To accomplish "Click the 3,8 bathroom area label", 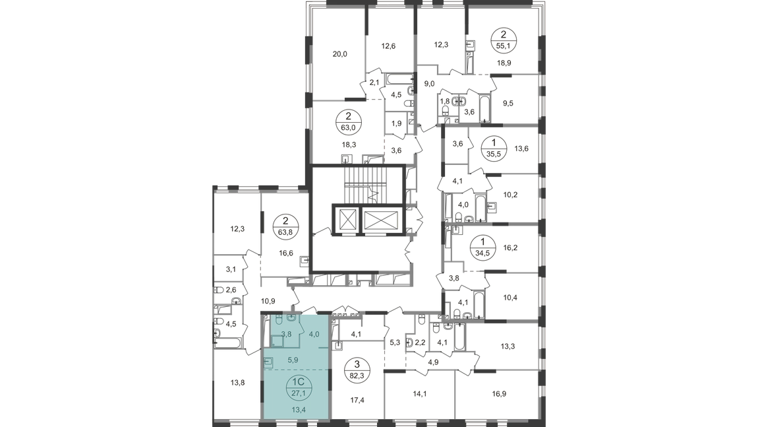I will click(x=287, y=334).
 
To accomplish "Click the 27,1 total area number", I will click(x=298, y=390).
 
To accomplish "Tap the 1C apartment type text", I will click(x=298, y=381).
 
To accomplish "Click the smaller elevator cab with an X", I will click(x=347, y=219).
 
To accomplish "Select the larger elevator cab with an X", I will click(x=380, y=219).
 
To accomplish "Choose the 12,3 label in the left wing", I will click(x=236, y=228).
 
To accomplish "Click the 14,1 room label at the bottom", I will click(x=420, y=395).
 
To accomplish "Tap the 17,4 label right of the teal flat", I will click(x=358, y=399).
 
